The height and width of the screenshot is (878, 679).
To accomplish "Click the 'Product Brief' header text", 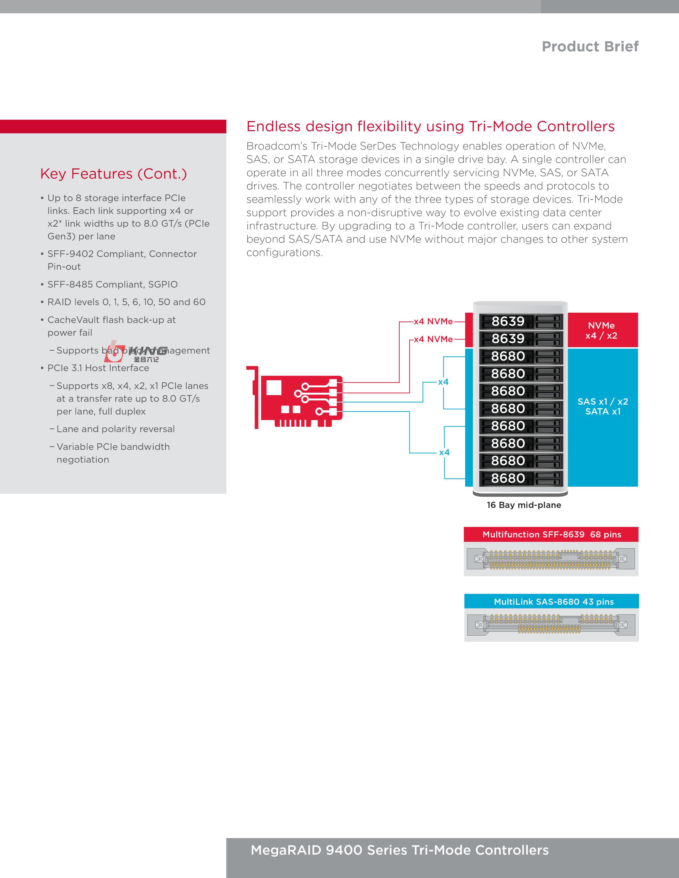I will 590,47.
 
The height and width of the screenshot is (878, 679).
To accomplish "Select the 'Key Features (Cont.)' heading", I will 113,174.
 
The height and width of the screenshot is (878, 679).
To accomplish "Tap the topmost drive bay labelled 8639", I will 521,321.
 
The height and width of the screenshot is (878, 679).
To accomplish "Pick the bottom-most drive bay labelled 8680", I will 521,478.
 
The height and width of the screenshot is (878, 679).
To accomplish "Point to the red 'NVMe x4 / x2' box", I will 602,330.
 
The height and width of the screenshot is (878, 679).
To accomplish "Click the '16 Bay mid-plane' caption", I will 524,505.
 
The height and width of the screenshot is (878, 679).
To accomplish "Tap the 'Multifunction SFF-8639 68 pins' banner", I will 551,534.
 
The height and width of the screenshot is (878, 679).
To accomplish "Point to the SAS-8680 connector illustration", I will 551,624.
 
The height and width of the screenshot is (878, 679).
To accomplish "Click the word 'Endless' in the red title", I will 273,126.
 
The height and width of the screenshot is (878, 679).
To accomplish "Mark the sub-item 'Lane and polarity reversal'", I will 116,429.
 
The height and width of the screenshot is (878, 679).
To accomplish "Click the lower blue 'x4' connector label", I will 444,452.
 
